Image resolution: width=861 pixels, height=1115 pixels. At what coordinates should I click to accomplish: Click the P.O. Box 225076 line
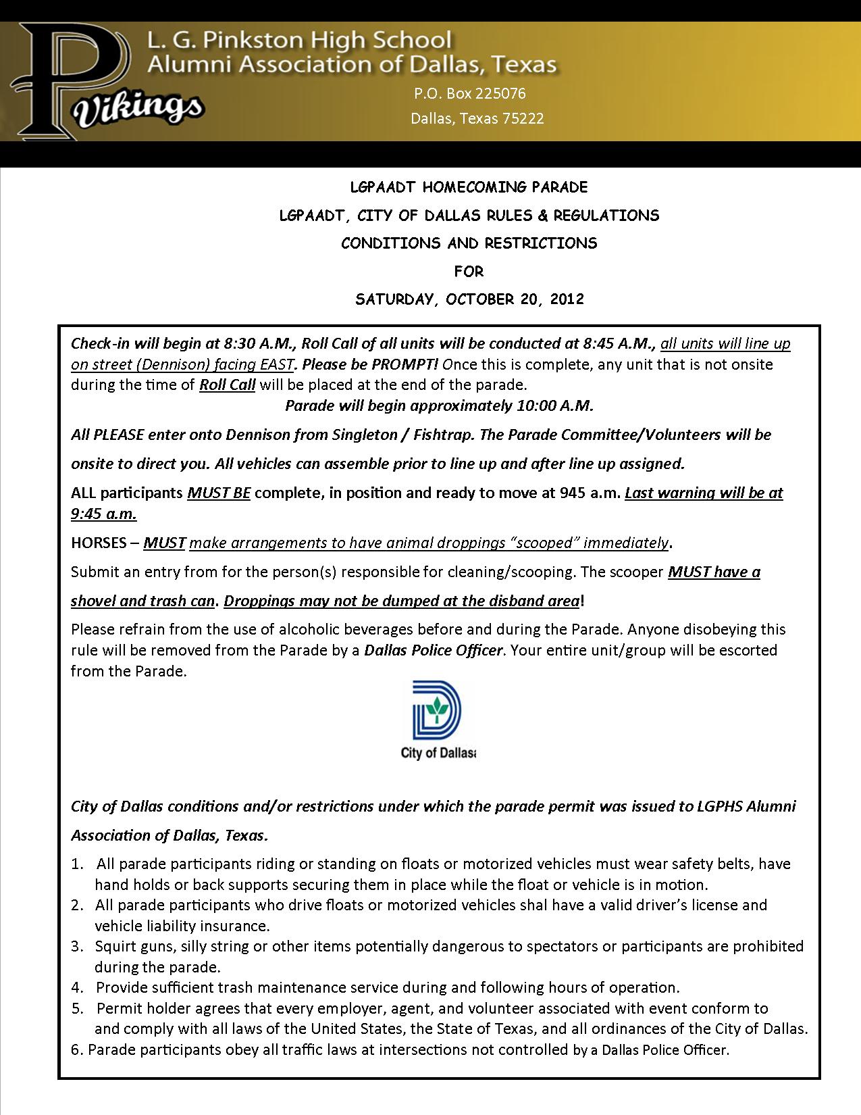click(x=469, y=93)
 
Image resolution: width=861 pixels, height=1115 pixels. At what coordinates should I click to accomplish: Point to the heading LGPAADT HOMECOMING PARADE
click(x=469, y=187)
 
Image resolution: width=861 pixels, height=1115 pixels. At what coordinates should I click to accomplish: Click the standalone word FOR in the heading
click(x=469, y=271)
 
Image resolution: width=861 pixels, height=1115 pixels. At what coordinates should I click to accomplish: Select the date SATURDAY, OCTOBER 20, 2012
click(x=469, y=299)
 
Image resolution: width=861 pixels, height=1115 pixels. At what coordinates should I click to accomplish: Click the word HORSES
click(x=99, y=543)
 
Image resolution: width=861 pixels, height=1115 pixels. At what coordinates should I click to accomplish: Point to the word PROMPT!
click(x=407, y=364)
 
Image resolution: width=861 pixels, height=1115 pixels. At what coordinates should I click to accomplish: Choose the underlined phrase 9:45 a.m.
click(x=104, y=514)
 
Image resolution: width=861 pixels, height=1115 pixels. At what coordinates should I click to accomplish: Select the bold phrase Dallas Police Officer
click(x=434, y=650)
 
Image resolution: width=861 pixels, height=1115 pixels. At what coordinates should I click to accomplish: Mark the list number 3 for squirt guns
click(x=76, y=946)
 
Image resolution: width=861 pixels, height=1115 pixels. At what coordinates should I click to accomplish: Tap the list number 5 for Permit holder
click(x=76, y=1009)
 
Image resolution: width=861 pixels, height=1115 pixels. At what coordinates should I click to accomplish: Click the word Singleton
click(x=364, y=435)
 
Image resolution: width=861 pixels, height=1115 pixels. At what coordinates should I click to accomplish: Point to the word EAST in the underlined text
click(x=276, y=364)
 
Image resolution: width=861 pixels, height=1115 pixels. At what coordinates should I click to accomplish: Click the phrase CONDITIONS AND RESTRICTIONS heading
click(x=469, y=243)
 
